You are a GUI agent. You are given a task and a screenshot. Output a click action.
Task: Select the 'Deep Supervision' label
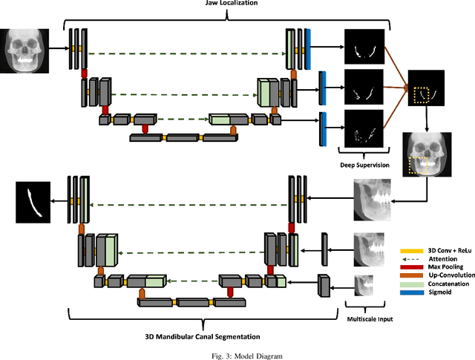pyautogui.click(x=364, y=165)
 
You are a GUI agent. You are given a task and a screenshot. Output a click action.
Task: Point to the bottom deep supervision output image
pyautogui.click(x=364, y=129)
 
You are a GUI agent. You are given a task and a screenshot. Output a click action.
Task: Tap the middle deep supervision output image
pyautogui.click(x=364, y=88)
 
